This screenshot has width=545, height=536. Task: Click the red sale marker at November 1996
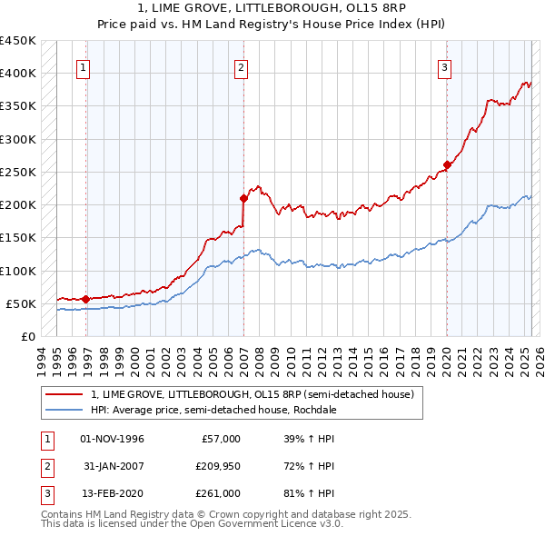(x=85, y=298)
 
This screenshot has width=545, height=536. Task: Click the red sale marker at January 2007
(x=243, y=198)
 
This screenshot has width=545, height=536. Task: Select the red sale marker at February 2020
(x=447, y=165)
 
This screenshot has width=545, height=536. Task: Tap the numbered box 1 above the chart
(x=84, y=66)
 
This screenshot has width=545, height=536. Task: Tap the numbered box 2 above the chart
(x=242, y=66)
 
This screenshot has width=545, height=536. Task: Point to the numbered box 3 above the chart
(x=445, y=66)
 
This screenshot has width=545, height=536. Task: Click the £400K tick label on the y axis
(x=18, y=74)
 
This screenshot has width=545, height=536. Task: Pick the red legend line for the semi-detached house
(x=64, y=394)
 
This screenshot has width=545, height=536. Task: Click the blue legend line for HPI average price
(x=64, y=410)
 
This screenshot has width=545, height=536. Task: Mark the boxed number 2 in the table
(x=45, y=467)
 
